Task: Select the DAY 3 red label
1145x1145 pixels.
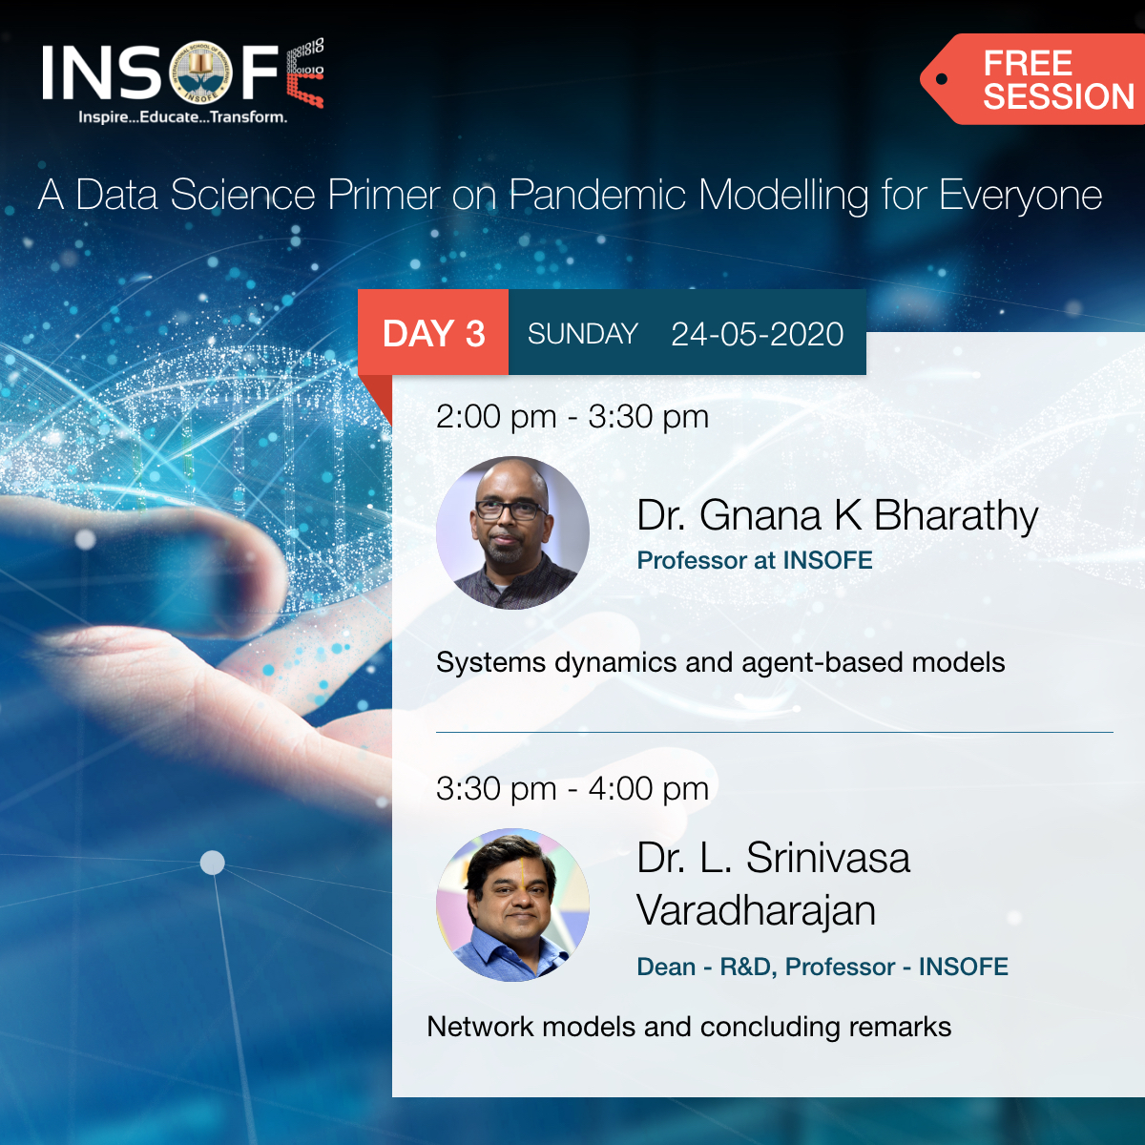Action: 433,334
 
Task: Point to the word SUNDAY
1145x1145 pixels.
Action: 582,334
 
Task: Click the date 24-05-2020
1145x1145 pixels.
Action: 757,334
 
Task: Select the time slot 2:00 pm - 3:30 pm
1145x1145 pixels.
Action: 572,417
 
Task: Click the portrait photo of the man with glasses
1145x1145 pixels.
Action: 512,532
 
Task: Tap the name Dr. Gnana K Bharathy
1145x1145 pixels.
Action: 837,516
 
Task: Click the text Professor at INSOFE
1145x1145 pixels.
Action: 754,560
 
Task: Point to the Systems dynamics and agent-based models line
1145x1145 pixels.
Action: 719,662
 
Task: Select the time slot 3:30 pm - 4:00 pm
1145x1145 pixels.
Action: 572,789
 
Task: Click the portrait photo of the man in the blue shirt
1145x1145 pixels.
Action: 512,905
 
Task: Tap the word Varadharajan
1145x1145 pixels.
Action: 756,910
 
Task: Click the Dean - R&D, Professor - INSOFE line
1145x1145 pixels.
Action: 822,967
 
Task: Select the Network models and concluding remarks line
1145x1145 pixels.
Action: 688,1027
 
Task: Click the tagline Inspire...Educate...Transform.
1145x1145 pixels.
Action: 182,117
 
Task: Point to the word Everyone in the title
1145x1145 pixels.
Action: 1020,196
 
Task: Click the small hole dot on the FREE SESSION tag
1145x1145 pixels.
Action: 942,79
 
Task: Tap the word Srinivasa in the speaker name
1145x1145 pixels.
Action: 827,858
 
